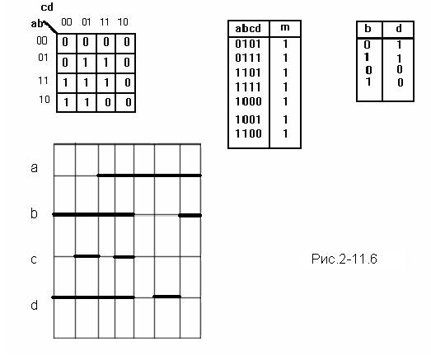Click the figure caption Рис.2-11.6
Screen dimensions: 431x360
[x=344, y=259]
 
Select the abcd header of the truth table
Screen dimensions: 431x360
[x=248, y=29]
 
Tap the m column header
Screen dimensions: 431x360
[x=285, y=27]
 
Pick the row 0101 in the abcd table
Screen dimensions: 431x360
[x=248, y=44]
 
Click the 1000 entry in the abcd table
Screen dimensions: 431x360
[x=248, y=101]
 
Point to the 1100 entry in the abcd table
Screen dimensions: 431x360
[x=248, y=133]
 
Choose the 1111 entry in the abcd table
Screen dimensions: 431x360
[x=248, y=87]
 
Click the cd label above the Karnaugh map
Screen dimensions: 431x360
[x=47, y=7]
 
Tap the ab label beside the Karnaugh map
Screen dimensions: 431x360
[x=37, y=24]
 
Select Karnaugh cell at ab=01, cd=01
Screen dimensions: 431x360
[x=86, y=63]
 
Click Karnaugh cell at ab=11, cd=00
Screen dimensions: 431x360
[x=65, y=82]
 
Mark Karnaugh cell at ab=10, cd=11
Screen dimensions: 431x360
[x=107, y=102]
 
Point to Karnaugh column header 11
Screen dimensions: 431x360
[x=105, y=22]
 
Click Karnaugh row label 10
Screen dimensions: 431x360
[x=45, y=99]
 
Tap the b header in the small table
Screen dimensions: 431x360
[x=368, y=29]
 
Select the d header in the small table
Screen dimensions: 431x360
[x=399, y=29]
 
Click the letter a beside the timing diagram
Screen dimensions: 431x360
[x=34, y=167]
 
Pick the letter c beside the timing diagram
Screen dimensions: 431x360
[x=34, y=259]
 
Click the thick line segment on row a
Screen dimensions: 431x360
[x=149, y=175]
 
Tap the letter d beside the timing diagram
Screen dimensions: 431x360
[x=34, y=305]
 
